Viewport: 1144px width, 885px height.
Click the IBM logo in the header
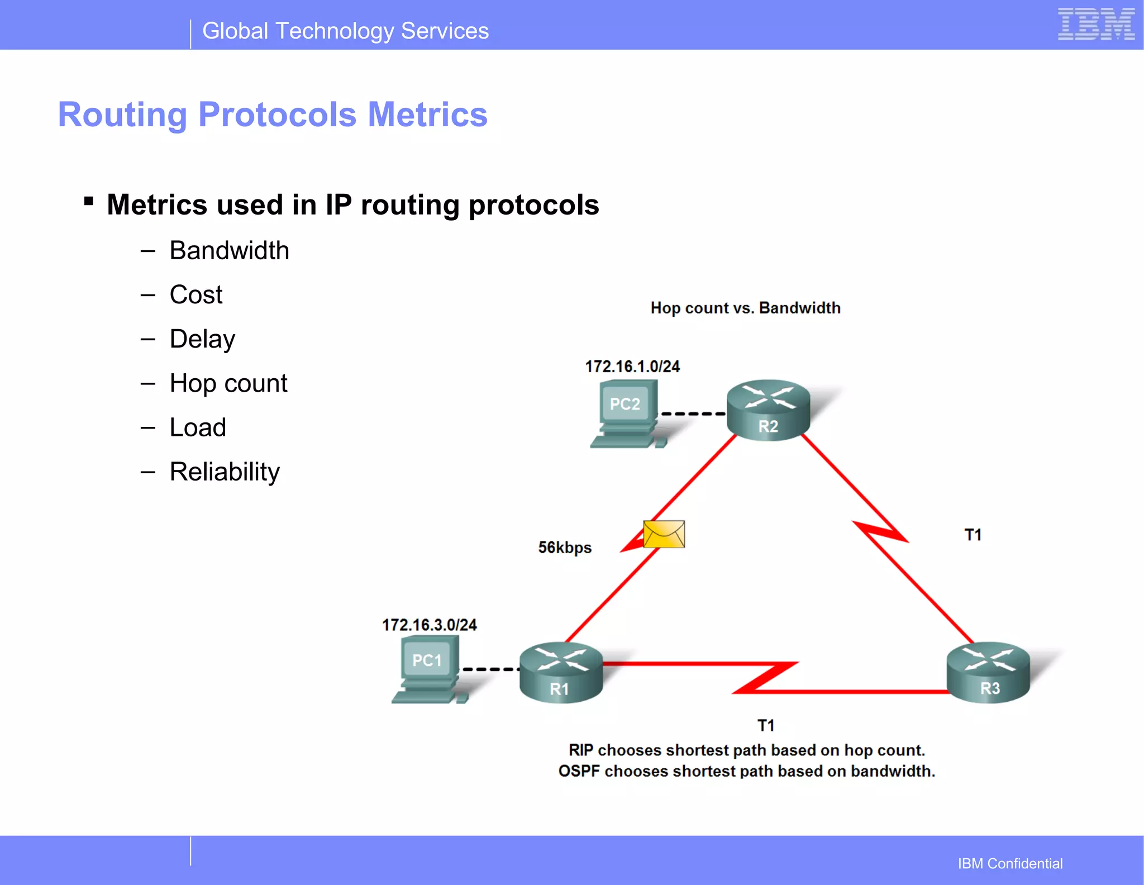coord(1096,25)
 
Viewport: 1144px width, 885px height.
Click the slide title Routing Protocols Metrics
coord(273,115)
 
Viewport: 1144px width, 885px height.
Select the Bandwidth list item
coord(229,250)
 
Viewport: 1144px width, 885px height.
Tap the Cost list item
coord(196,294)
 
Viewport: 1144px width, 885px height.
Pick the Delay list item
coord(202,339)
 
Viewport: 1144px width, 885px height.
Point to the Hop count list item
coord(228,383)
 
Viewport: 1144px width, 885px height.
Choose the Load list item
coord(198,427)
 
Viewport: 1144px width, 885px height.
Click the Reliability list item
coord(225,472)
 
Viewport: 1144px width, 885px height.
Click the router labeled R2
coord(768,410)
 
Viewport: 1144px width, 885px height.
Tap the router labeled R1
coord(561,672)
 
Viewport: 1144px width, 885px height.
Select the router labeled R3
coord(988,672)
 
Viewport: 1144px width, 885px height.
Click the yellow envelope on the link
coord(664,534)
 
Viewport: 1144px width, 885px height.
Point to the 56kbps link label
coord(565,548)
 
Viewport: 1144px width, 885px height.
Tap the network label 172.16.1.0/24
coord(632,367)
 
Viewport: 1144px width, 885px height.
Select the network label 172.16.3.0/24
coord(429,625)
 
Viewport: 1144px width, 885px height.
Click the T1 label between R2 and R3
coord(973,535)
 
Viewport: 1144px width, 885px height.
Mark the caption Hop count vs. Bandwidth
coord(745,308)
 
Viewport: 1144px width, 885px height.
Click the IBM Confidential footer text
coord(1010,863)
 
